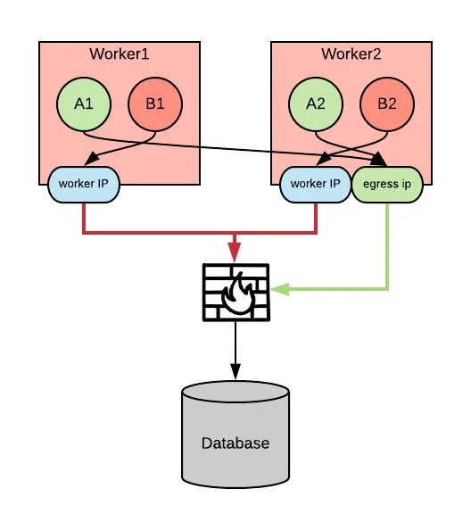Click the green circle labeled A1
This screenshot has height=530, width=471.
[83, 104]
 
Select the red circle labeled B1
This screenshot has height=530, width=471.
[155, 104]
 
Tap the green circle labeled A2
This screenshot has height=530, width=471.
[315, 104]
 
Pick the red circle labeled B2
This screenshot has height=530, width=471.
[387, 104]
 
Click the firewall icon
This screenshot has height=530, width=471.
[235, 292]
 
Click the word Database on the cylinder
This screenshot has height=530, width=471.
[235, 443]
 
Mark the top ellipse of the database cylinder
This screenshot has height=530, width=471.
[235, 393]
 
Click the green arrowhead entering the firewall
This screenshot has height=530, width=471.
[278, 289]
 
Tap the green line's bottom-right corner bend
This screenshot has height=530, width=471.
[387, 289]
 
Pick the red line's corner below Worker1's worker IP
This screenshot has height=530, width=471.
[83, 234]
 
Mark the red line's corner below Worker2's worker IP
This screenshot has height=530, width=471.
[316, 234]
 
